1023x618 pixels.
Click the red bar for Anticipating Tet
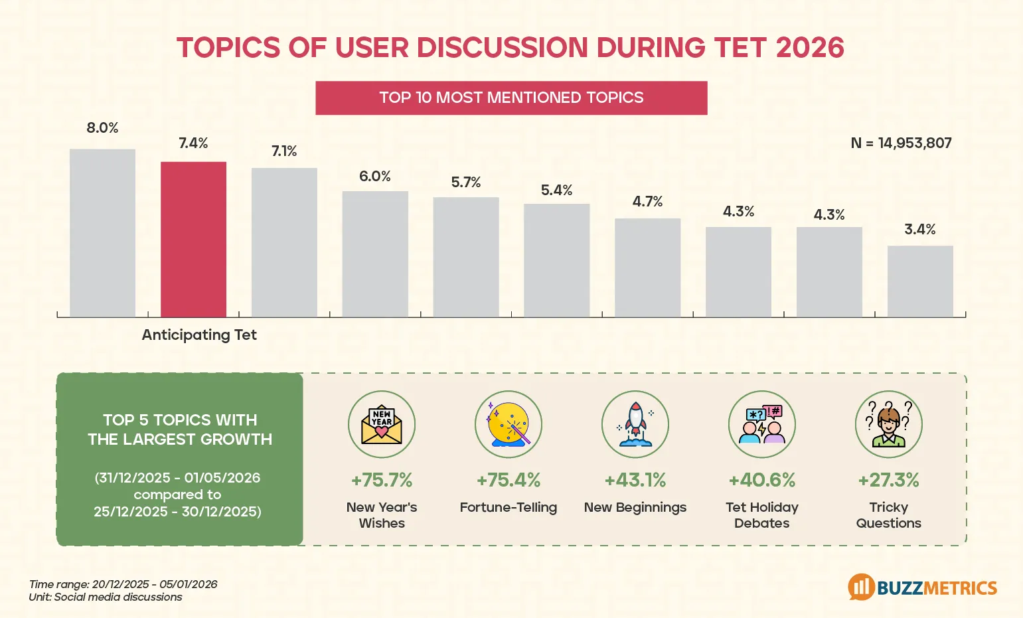pyautogui.click(x=193, y=239)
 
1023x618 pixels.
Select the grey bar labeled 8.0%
pyautogui.click(x=102, y=232)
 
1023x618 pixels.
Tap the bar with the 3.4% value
pyautogui.click(x=920, y=281)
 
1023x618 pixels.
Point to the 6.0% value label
pyautogui.click(x=375, y=177)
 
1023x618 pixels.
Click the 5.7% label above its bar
pyautogui.click(x=466, y=183)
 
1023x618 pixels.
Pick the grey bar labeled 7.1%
pyautogui.click(x=284, y=242)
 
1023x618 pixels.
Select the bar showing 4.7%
pyautogui.click(x=647, y=267)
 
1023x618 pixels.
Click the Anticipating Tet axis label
pyautogui.click(x=199, y=335)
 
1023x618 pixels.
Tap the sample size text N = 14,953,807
pyautogui.click(x=901, y=143)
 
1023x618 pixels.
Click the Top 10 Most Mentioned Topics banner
pyautogui.click(x=511, y=98)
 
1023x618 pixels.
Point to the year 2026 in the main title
pyautogui.click(x=809, y=48)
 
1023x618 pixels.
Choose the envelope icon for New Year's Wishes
pyautogui.click(x=382, y=424)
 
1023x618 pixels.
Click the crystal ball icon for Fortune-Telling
pyautogui.click(x=509, y=424)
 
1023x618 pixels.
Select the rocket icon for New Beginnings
pyautogui.click(x=635, y=424)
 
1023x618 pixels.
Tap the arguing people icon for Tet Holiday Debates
pyautogui.click(x=762, y=424)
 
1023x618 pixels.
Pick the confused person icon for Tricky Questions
pyautogui.click(x=889, y=424)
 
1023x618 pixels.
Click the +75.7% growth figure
pyautogui.click(x=382, y=480)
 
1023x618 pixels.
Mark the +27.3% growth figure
pyautogui.click(x=889, y=480)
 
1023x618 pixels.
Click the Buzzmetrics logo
pyautogui.click(x=923, y=587)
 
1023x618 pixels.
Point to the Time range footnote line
pyautogui.click(x=123, y=584)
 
